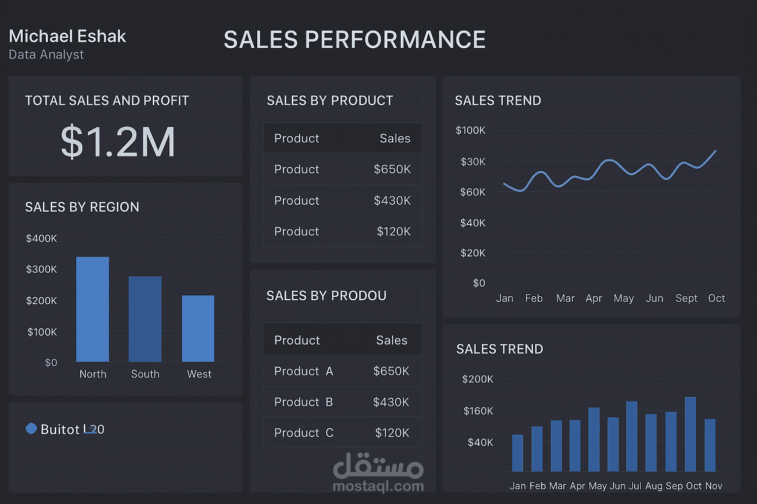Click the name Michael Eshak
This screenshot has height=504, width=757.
click(x=68, y=36)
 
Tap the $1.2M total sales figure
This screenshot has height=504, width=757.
click(x=118, y=142)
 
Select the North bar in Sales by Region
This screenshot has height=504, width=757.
click(x=93, y=309)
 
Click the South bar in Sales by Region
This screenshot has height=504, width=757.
click(x=145, y=319)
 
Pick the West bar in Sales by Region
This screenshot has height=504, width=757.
click(x=198, y=328)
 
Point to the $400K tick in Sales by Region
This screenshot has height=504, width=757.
click(x=41, y=239)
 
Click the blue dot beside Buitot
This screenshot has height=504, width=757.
click(x=31, y=429)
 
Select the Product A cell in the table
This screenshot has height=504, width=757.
click(x=304, y=371)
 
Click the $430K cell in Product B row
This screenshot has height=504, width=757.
click(x=391, y=402)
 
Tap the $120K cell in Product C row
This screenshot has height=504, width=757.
click(x=392, y=433)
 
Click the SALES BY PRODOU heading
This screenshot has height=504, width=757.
click(x=326, y=296)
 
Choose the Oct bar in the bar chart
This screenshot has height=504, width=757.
click(x=690, y=434)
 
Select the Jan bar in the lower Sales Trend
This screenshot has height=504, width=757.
click(x=517, y=453)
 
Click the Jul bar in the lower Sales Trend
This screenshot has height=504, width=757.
click(x=632, y=436)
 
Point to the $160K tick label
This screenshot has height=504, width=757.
click(x=478, y=411)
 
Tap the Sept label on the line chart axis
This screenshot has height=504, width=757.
click(x=686, y=298)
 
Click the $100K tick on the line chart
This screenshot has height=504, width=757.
click(x=471, y=130)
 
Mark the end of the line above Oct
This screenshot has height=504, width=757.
click(x=715, y=151)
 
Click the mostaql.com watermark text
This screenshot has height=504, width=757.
click(x=378, y=486)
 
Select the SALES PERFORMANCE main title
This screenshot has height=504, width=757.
click(x=354, y=40)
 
